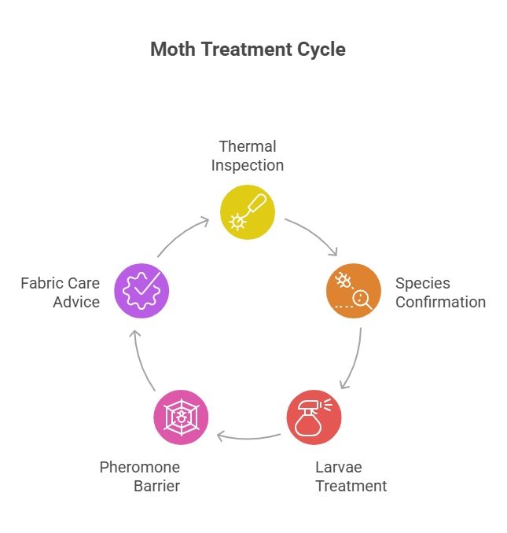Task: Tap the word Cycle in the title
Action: [318, 50]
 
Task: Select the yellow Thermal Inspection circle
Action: [248, 211]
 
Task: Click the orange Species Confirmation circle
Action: [353, 291]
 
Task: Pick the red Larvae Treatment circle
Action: [314, 417]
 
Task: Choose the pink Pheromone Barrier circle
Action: [181, 417]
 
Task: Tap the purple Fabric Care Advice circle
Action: [141, 291]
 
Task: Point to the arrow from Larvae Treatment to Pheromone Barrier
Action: [248, 435]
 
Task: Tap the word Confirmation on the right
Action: [440, 303]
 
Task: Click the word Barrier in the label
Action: [156, 486]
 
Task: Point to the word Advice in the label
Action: [76, 302]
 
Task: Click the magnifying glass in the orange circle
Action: [362, 298]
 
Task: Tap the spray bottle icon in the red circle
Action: [308, 420]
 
